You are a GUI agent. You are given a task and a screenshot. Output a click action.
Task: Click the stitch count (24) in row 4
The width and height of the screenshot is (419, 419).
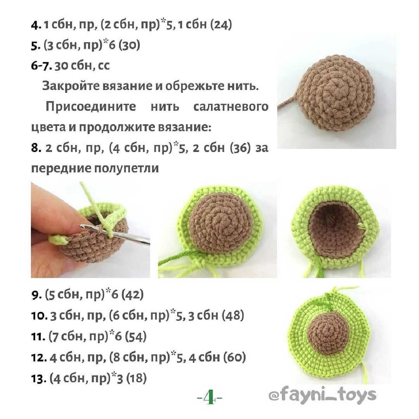pos(221,25)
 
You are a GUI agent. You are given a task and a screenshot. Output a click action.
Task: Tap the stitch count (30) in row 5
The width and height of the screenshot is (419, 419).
pos(129,45)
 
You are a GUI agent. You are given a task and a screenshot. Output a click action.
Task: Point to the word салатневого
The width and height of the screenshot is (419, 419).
pos(231,107)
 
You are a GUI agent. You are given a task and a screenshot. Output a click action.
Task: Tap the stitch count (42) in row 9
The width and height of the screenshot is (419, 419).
pos(132,295)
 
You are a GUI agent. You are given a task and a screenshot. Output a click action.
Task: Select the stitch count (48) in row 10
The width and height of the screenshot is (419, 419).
pos(233,315)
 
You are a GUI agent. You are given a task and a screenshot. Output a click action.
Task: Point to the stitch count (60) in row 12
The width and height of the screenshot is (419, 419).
pos(234,357)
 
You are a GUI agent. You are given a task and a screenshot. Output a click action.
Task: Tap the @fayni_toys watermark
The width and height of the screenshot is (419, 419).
pos(323,395)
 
